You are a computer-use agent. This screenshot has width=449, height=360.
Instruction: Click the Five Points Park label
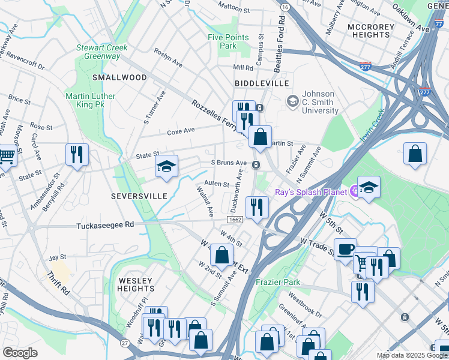228,41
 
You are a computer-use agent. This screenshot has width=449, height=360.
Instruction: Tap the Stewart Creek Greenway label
98,52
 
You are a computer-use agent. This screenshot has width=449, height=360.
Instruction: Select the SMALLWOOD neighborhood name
119,77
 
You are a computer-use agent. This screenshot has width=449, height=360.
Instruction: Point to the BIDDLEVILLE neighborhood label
262,83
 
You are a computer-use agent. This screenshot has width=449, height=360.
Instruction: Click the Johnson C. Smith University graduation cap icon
292,100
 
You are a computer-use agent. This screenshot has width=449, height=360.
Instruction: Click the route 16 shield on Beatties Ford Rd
285,7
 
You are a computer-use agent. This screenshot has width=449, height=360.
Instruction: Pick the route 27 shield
124,343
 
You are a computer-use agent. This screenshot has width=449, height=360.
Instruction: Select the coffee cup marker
345,248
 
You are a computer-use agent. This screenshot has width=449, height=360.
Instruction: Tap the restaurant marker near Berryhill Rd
77,154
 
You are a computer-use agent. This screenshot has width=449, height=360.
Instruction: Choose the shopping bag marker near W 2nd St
221,254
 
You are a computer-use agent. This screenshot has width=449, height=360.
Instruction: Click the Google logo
20,353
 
